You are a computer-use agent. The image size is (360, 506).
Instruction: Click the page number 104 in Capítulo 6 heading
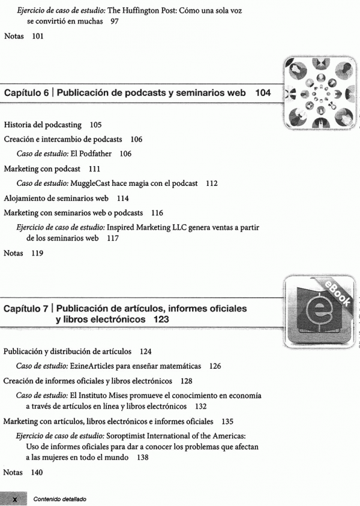(x=263, y=93)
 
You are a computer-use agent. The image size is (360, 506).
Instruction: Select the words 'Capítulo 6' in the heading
(x=26, y=93)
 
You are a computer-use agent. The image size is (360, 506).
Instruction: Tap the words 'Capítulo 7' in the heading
(x=26, y=308)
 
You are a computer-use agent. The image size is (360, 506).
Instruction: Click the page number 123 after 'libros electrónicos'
(x=160, y=320)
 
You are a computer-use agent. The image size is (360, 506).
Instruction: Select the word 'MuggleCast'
(x=93, y=183)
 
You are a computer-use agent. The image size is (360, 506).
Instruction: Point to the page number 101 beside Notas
(x=38, y=36)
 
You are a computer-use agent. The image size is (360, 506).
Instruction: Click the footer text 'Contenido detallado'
(x=59, y=499)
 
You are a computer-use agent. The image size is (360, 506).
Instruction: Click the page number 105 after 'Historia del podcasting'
(x=95, y=125)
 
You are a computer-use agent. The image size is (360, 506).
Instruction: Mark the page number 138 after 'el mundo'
(x=142, y=457)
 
